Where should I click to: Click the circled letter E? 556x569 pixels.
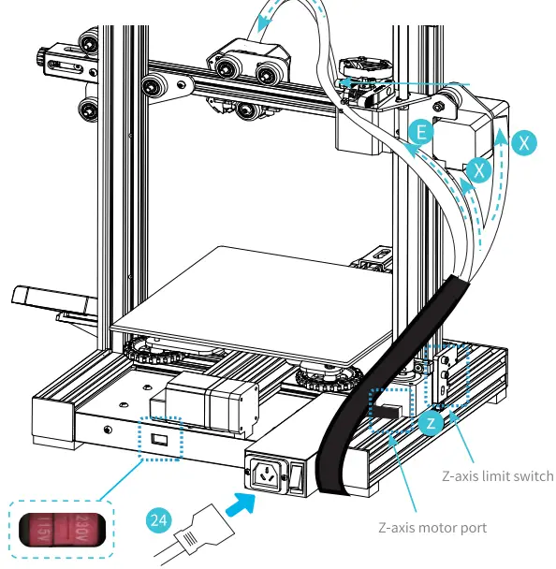pyautogui.click(x=422, y=133)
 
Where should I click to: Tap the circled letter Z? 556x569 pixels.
pyautogui.click(x=431, y=423)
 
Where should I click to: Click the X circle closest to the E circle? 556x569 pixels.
pyautogui.click(x=478, y=169)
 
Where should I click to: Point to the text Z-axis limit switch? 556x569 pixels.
pyautogui.click(x=497, y=476)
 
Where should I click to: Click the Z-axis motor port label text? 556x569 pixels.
pyautogui.click(x=432, y=528)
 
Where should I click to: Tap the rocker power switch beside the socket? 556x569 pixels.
pyautogui.click(x=296, y=477)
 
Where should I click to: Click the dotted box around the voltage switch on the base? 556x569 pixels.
pyautogui.click(x=162, y=438)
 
